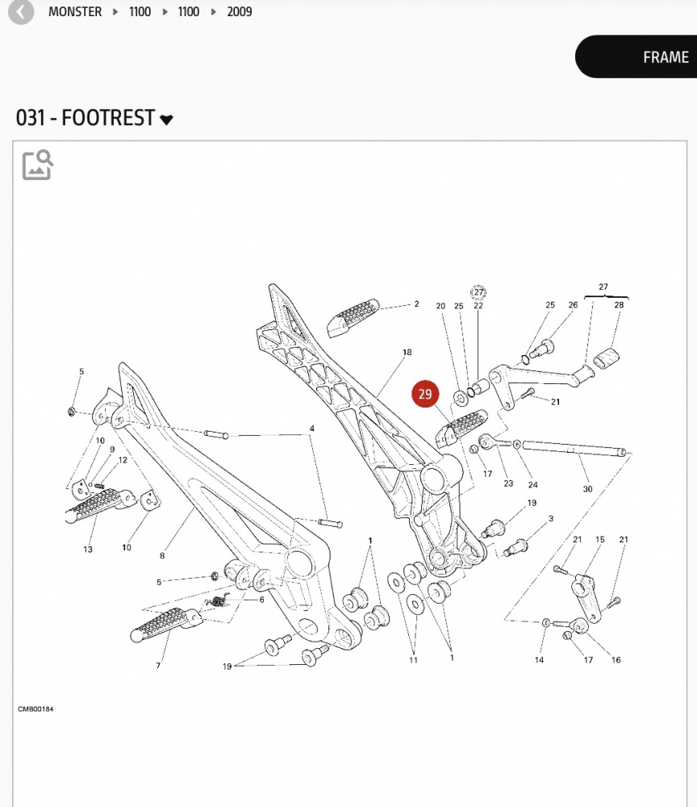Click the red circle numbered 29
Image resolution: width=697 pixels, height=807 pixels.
pyautogui.click(x=425, y=395)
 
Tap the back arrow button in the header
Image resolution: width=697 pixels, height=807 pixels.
pyautogui.click(x=21, y=12)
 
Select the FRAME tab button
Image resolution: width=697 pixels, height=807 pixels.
pyautogui.click(x=665, y=57)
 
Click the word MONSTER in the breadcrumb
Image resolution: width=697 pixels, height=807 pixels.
pyautogui.click(x=75, y=12)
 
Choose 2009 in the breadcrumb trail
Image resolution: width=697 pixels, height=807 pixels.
pyautogui.click(x=239, y=12)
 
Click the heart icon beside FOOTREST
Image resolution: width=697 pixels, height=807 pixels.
pyautogui.click(x=167, y=120)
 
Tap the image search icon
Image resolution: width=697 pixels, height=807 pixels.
pyautogui.click(x=37, y=164)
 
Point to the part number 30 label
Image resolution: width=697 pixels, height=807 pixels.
pyautogui.click(x=587, y=489)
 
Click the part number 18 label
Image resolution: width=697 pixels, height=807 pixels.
pyautogui.click(x=407, y=353)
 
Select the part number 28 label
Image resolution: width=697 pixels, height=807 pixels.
pyautogui.click(x=619, y=305)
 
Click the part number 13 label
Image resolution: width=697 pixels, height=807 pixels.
pyautogui.click(x=87, y=550)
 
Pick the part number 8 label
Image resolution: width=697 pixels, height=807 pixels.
pyautogui.click(x=162, y=555)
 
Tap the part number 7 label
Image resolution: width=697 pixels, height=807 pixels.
pyautogui.click(x=158, y=666)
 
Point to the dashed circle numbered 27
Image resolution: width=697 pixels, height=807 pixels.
pyautogui.click(x=478, y=291)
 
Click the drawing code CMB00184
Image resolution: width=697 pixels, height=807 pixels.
pyautogui.click(x=36, y=709)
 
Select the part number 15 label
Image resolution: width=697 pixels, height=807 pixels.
pyautogui.click(x=600, y=539)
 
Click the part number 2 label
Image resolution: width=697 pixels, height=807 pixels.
pyautogui.click(x=416, y=304)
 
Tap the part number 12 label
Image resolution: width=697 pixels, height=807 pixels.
pyautogui.click(x=123, y=461)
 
